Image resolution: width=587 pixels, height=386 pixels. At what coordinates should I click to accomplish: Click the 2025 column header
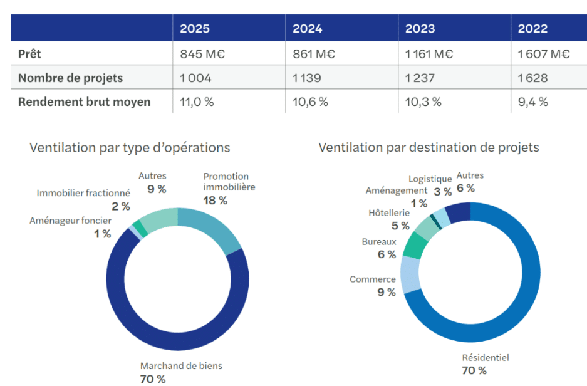click(195, 28)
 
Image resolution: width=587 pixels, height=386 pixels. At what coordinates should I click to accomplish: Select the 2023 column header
click(420, 28)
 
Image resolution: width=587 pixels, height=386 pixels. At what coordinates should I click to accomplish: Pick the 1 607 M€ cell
click(543, 54)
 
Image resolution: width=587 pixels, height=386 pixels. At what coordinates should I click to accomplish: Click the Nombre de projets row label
click(70, 78)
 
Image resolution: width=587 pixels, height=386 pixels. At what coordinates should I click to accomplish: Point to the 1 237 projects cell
click(420, 78)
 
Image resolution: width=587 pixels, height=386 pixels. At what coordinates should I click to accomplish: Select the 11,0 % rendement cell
click(197, 102)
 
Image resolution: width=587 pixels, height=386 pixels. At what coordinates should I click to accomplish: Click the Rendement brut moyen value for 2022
click(532, 102)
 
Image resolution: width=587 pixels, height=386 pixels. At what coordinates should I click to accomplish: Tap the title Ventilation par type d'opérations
click(130, 148)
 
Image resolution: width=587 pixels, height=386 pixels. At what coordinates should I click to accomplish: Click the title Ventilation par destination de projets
click(429, 148)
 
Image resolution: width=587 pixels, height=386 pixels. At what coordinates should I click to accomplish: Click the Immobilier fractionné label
click(83, 193)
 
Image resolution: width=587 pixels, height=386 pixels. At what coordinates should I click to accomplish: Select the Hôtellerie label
click(389, 213)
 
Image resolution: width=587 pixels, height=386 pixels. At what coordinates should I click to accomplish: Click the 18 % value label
click(215, 201)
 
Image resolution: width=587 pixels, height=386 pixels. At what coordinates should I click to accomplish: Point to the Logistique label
click(430, 179)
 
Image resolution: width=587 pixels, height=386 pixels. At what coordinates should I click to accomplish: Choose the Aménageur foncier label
click(70, 221)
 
